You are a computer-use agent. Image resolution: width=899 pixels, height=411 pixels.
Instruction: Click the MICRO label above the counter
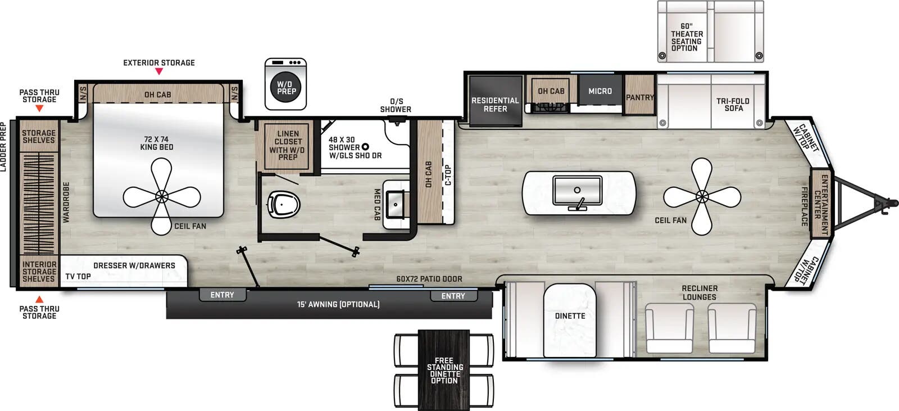point(600,91)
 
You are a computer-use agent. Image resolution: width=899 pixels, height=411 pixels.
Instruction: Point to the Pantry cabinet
point(640,97)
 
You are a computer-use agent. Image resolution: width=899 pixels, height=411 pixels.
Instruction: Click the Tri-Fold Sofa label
point(733,105)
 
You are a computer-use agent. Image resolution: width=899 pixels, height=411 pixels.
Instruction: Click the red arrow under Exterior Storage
point(159,71)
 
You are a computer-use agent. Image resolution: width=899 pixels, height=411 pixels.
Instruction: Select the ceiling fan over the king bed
point(162,196)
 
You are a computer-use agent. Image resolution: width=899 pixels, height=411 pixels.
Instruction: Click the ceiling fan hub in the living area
point(702,196)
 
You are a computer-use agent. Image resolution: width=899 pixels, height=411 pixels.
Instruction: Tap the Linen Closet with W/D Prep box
point(288,146)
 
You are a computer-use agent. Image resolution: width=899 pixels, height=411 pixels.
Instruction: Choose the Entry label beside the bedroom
point(222,295)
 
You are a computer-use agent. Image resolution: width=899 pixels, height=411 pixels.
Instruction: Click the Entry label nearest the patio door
point(453,296)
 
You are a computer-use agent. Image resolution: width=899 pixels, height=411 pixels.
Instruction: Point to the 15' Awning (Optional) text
point(338,304)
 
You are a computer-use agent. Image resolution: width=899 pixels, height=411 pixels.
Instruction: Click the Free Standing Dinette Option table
point(444,369)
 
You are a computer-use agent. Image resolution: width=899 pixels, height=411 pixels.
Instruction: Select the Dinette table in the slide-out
point(570,319)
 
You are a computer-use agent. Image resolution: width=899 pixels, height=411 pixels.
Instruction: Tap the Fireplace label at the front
point(804,206)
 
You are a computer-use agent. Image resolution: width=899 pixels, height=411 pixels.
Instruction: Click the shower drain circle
point(365,147)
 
